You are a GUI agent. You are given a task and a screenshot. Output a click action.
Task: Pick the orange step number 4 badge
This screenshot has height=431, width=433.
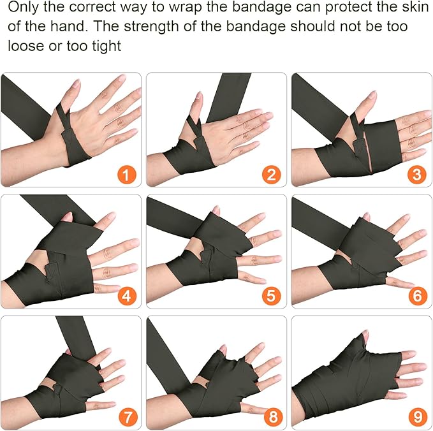[126, 296]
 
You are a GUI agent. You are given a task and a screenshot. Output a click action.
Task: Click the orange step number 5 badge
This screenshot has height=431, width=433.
[272, 296]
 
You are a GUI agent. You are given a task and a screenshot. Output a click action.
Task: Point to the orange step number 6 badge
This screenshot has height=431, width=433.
[416, 296]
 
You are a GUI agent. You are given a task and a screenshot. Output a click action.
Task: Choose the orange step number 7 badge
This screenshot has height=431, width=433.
[126, 418]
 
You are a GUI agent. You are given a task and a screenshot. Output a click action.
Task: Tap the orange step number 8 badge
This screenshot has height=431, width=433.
[272, 418]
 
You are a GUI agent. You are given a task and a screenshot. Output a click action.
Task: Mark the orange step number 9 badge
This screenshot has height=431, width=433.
[416, 418]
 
